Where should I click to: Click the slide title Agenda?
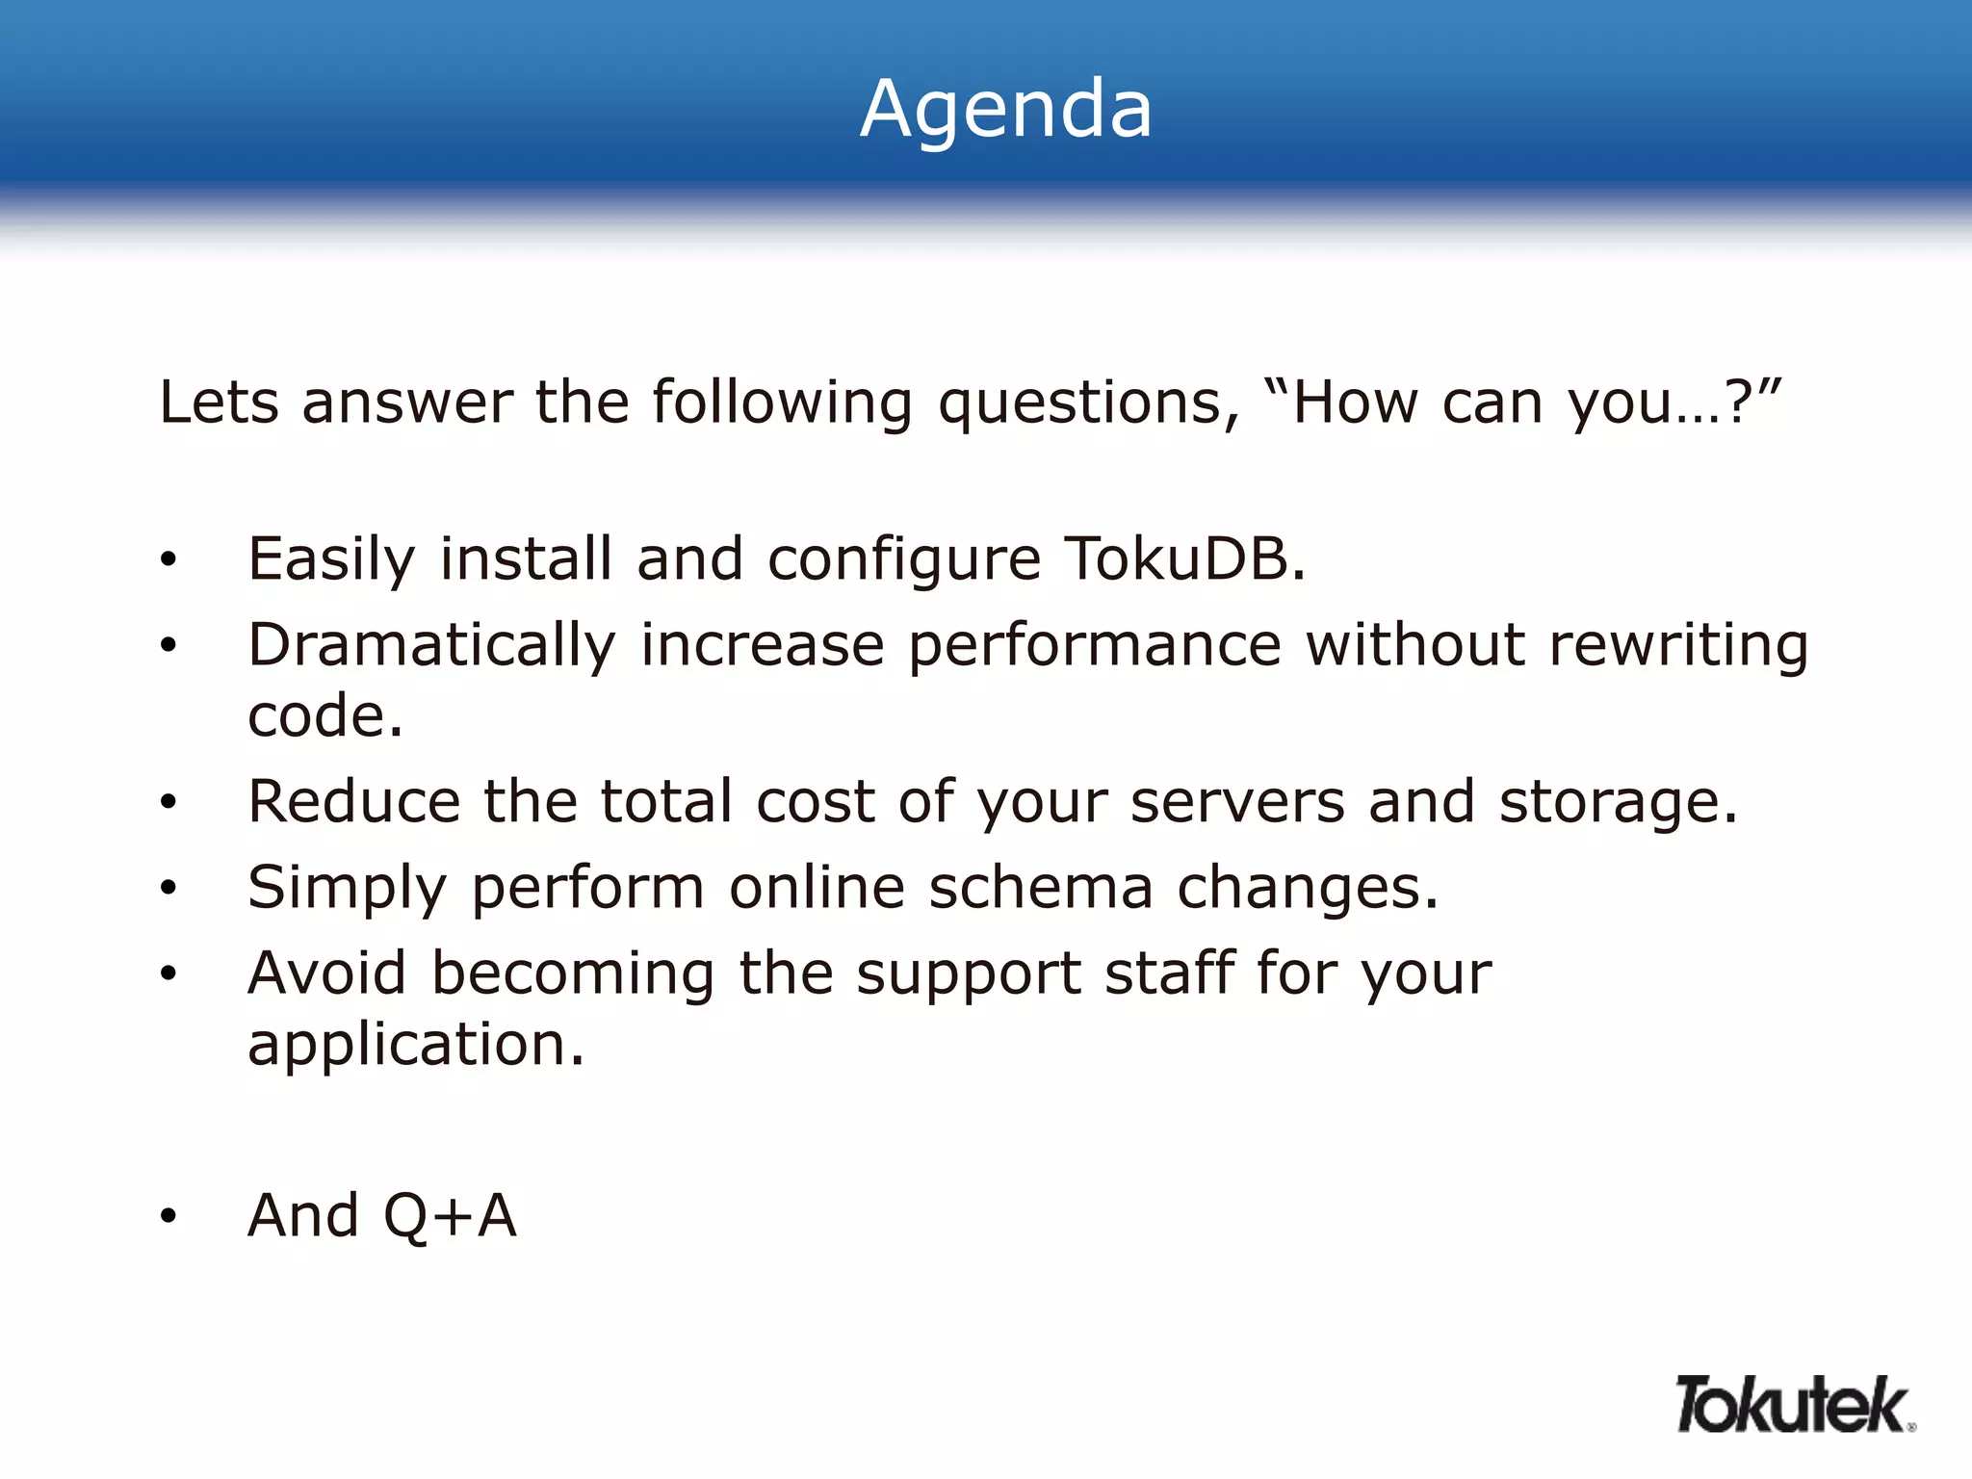coord(1005,109)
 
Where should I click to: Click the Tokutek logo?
coord(1794,1405)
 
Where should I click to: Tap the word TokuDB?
coord(1183,558)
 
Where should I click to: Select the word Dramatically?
coord(431,645)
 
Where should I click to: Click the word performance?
coord(1095,645)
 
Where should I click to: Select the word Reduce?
coord(353,801)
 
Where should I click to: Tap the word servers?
coord(1236,801)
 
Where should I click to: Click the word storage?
coord(1618,803)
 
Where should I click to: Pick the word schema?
coord(1040,887)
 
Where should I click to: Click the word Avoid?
coord(326,973)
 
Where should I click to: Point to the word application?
coord(415,1046)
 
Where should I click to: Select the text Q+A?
coord(450,1216)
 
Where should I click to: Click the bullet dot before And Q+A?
coord(169,1217)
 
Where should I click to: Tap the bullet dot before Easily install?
coord(169,559)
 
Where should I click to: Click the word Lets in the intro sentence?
coord(219,402)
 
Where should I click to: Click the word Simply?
coord(347,889)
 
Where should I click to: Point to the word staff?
coord(1169,973)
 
